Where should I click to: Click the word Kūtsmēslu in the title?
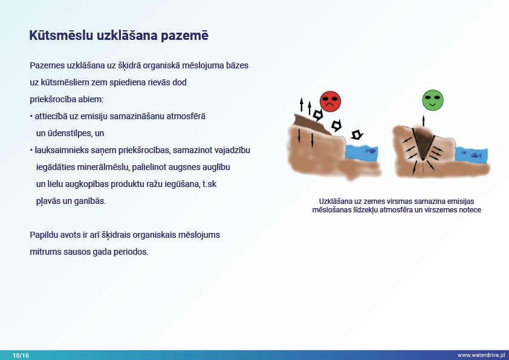click(61, 35)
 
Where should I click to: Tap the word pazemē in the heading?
click(184, 36)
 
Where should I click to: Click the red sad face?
click(330, 102)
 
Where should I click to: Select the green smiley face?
click(433, 100)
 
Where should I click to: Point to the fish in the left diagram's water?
click(370, 151)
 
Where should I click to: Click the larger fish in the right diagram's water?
click(476, 155)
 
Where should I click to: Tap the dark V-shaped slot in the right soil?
click(423, 142)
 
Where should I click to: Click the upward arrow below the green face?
click(423, 121)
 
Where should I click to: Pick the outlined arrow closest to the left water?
click(357, 134)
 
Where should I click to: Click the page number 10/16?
click(21, 355)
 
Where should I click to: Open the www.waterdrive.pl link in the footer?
click(481, 355)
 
